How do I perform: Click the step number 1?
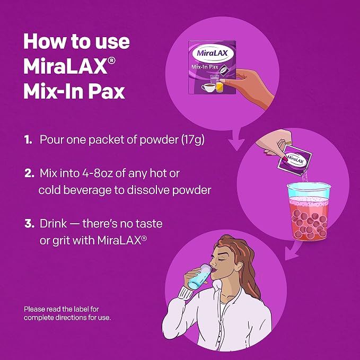28,139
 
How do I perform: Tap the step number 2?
29,173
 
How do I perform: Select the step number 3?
29,223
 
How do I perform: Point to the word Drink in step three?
53,223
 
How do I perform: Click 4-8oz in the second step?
98,173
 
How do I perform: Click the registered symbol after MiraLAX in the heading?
111,61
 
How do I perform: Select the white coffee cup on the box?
208,87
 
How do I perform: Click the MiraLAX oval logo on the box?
212,53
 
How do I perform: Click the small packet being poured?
295,161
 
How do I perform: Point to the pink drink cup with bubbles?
309,211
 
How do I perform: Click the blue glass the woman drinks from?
199,277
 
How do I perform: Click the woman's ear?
239,267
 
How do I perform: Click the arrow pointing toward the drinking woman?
293,250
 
